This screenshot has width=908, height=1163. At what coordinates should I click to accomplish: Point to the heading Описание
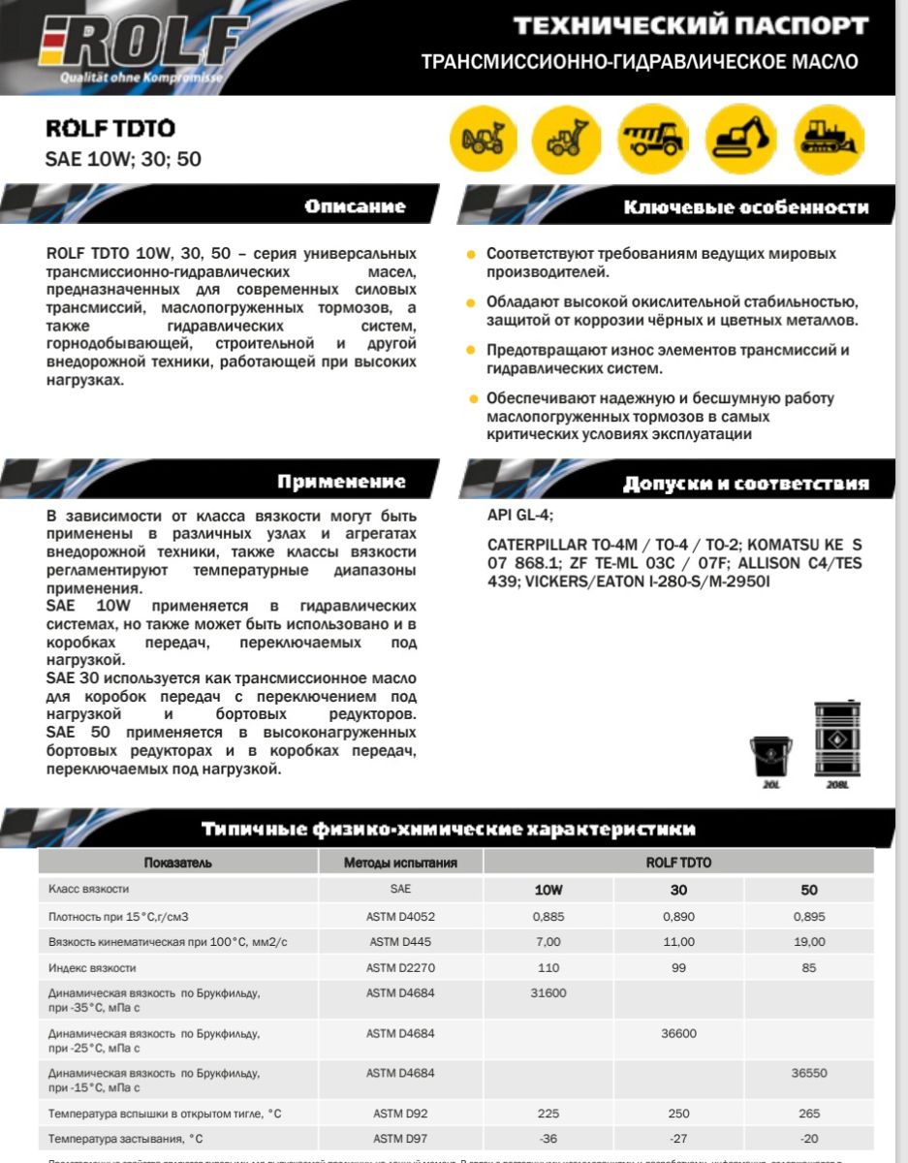point(355,206)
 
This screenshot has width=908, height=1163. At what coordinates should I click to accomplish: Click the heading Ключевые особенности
point(745,207)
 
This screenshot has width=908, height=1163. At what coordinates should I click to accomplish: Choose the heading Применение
point(341,482)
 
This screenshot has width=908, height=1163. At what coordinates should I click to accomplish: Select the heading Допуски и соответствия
point(745,483)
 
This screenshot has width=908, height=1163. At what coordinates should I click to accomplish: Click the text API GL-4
point(520,515)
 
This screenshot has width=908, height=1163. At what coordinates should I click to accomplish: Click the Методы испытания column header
point(400,862)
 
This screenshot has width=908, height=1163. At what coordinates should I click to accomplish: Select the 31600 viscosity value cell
point(548,993)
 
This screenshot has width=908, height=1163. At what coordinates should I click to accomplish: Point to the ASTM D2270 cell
point(400,967)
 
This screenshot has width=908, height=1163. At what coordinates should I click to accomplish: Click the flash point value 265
point(809,1114)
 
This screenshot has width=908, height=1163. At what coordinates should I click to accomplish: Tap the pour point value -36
point(548,1139)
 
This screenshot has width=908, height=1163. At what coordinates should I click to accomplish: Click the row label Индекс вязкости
point(92,967)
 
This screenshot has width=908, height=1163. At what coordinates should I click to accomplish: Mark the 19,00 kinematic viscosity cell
point(809,941)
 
